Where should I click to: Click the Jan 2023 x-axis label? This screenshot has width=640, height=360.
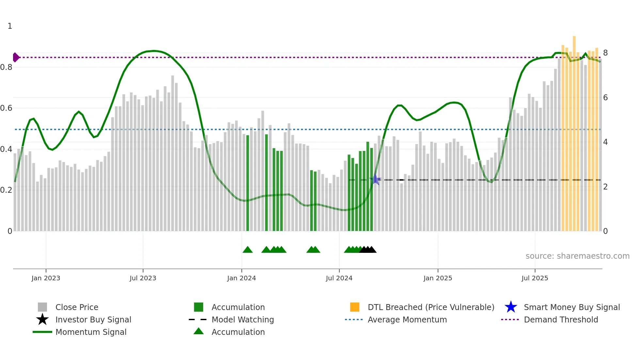(46, 278)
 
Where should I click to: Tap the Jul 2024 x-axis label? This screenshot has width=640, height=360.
(339, 278)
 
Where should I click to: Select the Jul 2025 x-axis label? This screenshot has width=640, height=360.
(535, 278)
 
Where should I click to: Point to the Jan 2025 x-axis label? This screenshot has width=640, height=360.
(438, 278)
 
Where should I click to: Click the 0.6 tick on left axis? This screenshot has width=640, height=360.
(6, 108)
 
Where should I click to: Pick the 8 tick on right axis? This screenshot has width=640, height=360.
(605, 53)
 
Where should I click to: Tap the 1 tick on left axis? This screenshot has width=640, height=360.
(10, 26)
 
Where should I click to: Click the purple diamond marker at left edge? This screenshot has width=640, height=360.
(16, 57)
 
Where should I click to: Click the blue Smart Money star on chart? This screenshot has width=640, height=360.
(376, 180)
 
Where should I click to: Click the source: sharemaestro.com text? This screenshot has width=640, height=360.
(577, 256)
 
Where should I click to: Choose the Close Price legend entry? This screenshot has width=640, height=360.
(77, 307)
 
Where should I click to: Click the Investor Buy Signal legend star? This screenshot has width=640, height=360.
(42, 319)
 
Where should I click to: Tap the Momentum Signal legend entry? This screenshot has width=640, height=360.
(91, 332)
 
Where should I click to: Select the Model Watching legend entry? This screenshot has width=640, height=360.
(243, 320)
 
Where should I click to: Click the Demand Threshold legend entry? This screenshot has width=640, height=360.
(561, 320)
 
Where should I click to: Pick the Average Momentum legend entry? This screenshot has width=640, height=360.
(407, 320)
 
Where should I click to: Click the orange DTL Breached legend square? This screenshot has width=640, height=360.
(355, 307)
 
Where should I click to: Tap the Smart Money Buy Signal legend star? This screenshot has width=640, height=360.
(511, 307)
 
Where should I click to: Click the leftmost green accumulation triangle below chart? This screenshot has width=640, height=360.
(248, 250)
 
